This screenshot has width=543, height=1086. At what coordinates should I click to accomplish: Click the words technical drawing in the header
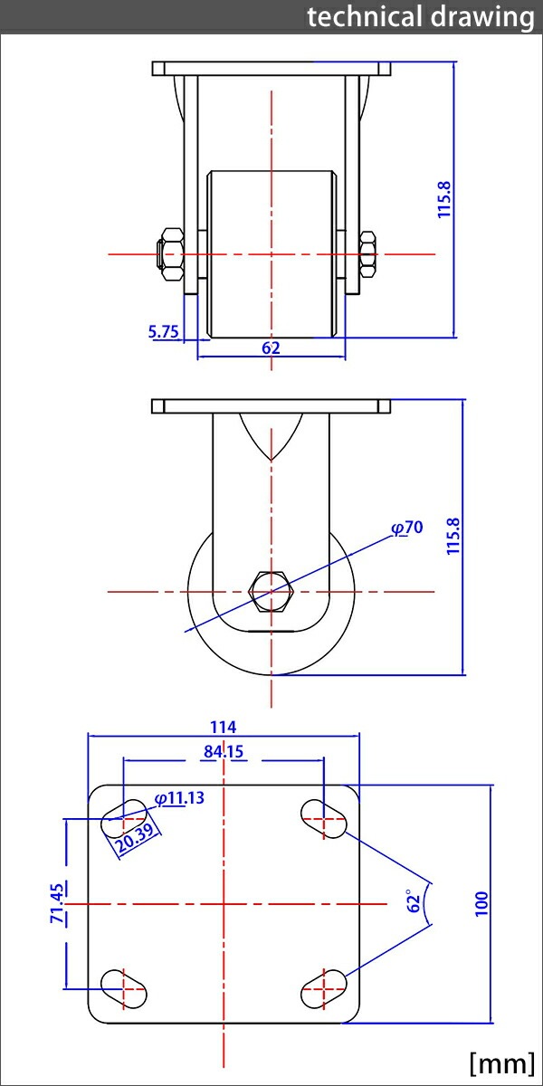420,16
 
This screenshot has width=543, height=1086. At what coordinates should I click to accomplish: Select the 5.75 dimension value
164,331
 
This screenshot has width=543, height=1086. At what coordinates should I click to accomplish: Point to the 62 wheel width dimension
271,348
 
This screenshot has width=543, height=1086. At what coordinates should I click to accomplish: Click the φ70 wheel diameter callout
407,528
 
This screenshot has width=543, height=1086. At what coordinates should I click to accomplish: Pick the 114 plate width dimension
223,726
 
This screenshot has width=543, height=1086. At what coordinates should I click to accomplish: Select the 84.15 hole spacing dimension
223,750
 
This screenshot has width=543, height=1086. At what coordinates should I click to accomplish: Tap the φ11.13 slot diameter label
179,797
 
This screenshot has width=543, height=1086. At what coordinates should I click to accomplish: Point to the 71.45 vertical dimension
57,904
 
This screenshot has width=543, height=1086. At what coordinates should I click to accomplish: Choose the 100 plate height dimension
481,903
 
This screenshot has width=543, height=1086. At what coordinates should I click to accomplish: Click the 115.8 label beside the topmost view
443,199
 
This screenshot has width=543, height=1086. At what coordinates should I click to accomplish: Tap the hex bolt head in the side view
271,592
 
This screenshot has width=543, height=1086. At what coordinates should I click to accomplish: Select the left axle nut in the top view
171,254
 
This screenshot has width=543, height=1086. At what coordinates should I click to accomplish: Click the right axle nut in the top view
367,254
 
